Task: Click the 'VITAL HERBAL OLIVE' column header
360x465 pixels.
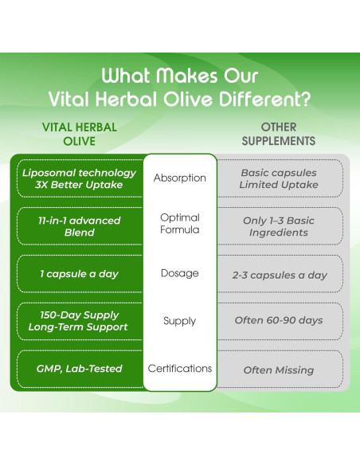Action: (79, 134)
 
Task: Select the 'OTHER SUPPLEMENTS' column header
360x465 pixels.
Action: (278, 134)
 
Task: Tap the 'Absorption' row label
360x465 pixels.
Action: (179, 178)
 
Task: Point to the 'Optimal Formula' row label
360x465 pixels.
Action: (179, 223)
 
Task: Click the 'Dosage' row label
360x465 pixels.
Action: (179, 273)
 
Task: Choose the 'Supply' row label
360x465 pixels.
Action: (179, 320)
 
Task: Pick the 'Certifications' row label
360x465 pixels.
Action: (179, 369)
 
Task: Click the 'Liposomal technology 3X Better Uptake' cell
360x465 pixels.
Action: (79, 178)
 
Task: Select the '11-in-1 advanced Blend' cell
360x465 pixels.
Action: (79, 226)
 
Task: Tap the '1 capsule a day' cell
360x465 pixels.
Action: (79, 274)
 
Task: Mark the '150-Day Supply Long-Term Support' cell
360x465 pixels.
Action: (79, 321)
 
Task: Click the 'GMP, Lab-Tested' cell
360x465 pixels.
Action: (79, 369)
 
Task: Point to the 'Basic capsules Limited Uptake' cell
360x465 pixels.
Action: (279, 178)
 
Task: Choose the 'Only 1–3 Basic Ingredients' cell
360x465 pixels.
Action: (279, 226)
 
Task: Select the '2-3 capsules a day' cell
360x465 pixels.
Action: (279, 274)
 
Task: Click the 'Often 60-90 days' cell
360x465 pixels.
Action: (279, 321)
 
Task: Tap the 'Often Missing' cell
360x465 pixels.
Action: (279, 369)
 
